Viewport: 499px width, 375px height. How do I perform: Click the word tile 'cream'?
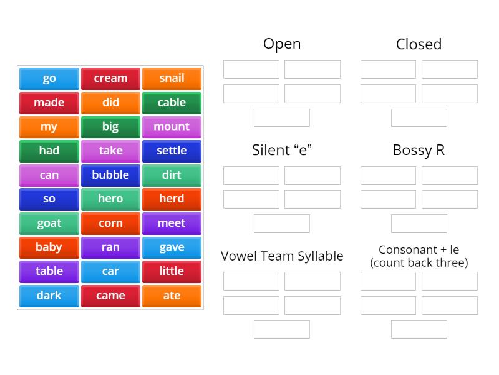(110, 79)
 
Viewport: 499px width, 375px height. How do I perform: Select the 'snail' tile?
(172, 79)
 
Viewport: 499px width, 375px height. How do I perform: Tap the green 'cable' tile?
(172, 102)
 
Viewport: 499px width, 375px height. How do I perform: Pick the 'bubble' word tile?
(110, 175)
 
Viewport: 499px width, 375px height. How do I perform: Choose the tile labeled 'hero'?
(110, 199)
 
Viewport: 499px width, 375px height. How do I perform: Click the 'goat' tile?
(49, 223)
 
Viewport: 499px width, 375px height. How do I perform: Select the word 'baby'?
(49, 247)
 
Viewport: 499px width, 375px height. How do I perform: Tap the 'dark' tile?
(49, 296)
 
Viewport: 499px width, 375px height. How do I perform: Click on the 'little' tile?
(172, 271)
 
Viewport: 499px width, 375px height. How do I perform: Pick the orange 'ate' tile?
(172, 296)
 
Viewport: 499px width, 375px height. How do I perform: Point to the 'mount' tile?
(172, 127)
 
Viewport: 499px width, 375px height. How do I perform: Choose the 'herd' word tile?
(172, 199)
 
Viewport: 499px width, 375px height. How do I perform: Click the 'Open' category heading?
(282, 44)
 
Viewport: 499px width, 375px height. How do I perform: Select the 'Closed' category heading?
(419, 44)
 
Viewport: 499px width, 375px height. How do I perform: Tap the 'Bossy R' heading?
(419, 150)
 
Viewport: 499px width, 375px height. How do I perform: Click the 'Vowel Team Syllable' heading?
(282, 256)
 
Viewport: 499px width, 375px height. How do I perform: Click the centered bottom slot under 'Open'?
(282, 117)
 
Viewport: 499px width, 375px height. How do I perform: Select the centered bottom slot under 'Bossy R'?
(419, 223)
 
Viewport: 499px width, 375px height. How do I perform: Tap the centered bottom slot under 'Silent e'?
(282, 223)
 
